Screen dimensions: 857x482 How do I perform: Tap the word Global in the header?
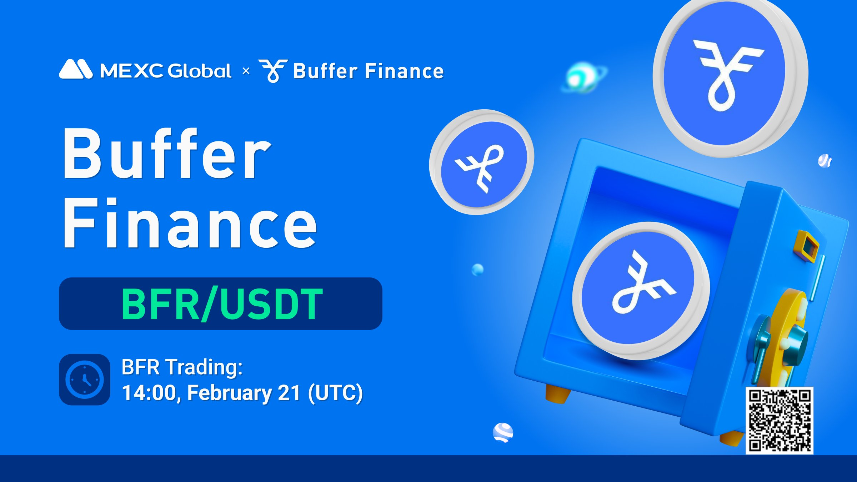(199, 71)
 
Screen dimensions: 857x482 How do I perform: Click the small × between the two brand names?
(246, 71)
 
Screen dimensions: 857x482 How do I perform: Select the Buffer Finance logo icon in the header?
(273, 71)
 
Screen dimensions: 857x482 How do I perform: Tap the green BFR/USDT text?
(222, 304)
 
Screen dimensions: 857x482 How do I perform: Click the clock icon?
(85, 380)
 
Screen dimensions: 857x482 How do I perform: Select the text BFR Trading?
(182, 367)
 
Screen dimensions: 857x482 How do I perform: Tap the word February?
(230, 393)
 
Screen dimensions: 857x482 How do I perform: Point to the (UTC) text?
(335, 393)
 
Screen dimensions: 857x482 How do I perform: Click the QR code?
(780, 421)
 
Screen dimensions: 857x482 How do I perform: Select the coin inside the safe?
(641, 291)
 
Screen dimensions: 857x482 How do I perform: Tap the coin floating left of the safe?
(482, 162)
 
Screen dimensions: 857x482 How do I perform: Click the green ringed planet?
(583, 77)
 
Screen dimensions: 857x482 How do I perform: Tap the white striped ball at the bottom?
(503, 433)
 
